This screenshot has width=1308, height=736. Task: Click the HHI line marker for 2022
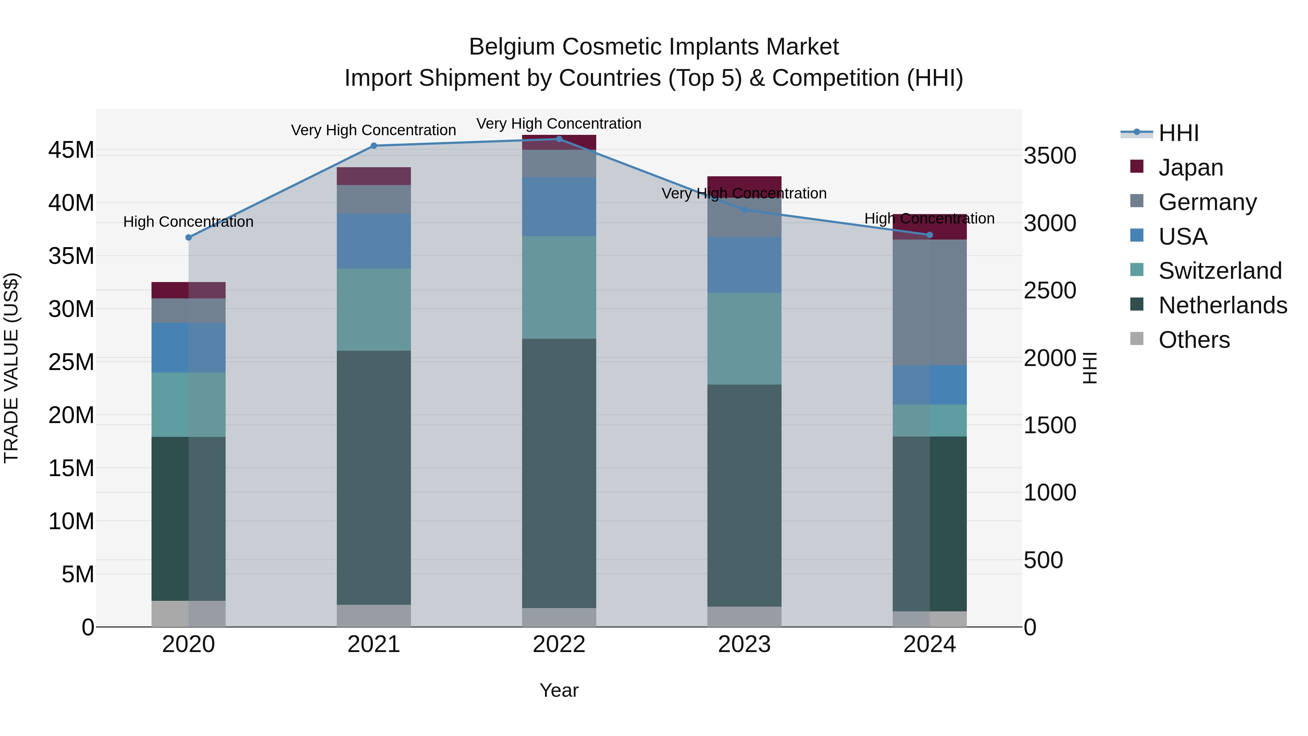(559, 139)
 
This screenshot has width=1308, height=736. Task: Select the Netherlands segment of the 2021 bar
(374, 478)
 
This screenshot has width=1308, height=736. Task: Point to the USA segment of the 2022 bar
(559, 207)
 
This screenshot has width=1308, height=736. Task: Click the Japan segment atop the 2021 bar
(374, 176)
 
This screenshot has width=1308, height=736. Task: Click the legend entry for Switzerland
(1220, 271)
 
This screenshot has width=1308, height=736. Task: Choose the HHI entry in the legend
(1178, 133)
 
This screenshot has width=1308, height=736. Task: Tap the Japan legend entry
(1190, 168)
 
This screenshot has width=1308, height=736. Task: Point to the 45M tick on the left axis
(71, 150)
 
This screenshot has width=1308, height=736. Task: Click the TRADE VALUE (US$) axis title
(11, 368)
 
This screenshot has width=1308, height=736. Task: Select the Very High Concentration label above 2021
(374, 130)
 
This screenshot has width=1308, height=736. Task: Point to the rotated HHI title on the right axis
(1090, 368)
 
